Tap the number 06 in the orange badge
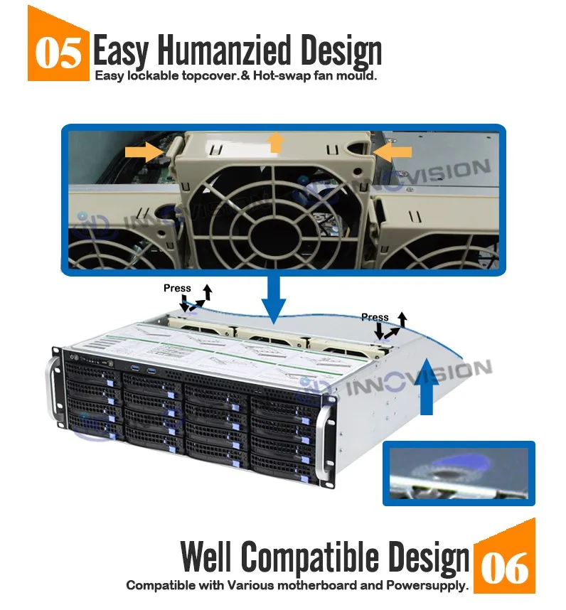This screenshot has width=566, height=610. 505,567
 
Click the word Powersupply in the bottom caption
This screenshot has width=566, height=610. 428,587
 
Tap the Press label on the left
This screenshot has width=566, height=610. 177,288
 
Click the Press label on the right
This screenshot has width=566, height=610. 375,317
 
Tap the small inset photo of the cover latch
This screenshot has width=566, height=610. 459,473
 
